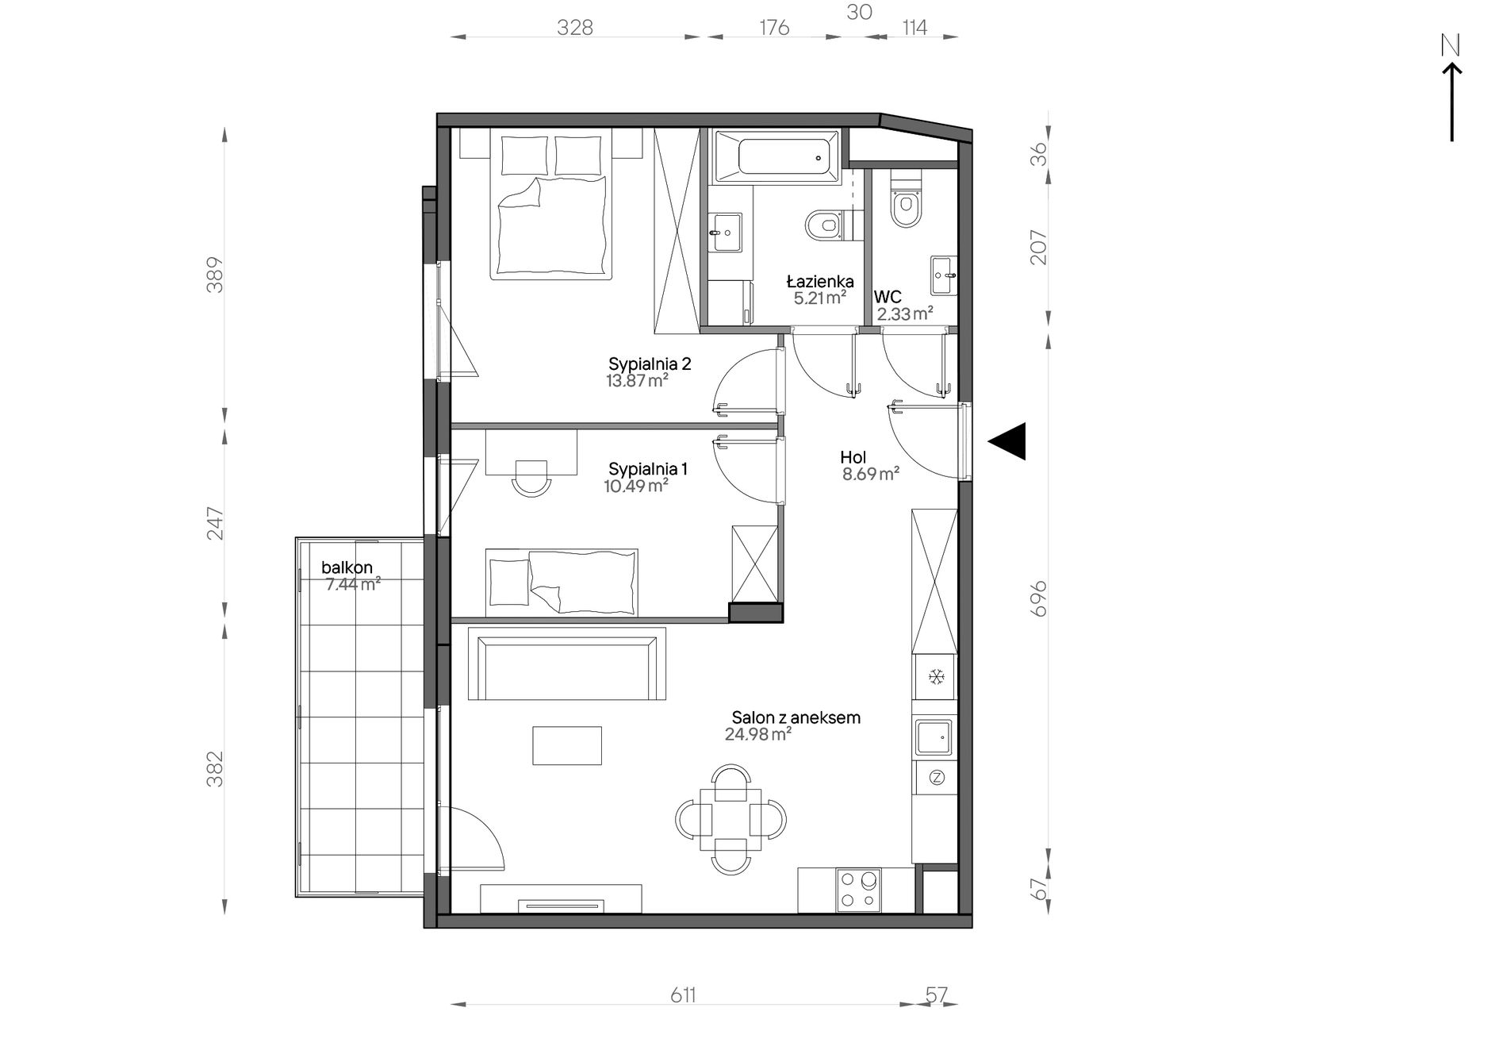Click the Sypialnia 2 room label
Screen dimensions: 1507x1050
pyautogui.click(x=650, y=364)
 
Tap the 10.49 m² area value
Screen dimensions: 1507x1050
pyautogui.click(x=635, y=486)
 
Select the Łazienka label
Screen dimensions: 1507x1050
pyautogui.click(x=819, y=282)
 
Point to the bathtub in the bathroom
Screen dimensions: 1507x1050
pyautogui.click(x=777, y=157)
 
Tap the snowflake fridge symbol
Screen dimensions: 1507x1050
pyautogui.click(x=936, y=677)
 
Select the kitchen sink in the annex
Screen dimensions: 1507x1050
pyautogui.click(x=934, y=737)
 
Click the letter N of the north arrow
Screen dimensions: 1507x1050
pyautogui.click(x=1451, y=46)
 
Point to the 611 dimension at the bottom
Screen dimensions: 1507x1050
pyautogui.click(x=683, y=995)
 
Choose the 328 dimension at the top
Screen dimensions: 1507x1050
pyautogui.click(x=575, y=28)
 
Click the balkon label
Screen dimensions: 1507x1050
pyautogui.click(x=347, y=568)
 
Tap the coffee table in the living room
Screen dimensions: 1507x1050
pyautogui.click(x=567, y=745)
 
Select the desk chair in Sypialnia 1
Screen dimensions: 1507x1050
pyautogui.click(x=531, y=477)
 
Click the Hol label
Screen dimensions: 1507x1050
pyautogui.click(x=853, y=457)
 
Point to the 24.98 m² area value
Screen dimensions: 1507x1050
pyautogui.click(x=757, y=735)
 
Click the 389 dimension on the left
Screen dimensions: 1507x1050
pyautogui.click(x=215, y=275)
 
